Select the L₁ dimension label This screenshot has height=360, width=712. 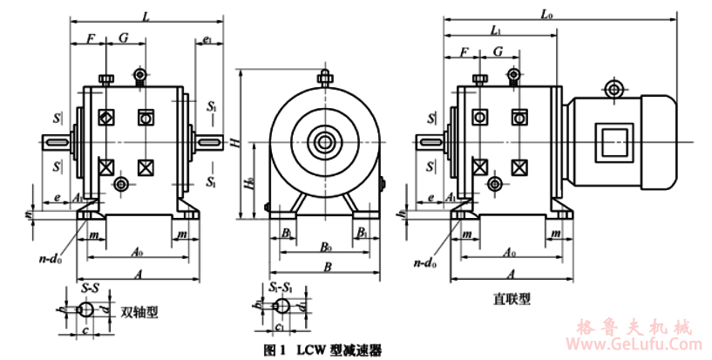click(x=495, y=31)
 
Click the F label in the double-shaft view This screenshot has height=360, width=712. click(x=90, y=38)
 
